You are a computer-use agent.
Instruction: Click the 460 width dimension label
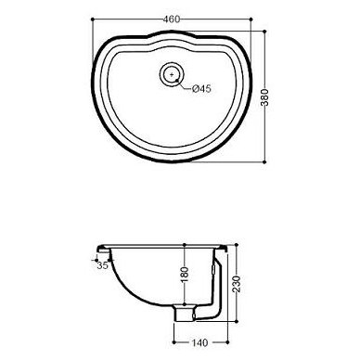[172, 19]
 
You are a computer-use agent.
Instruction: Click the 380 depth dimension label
[264, 97]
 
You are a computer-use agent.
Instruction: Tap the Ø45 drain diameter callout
[201, 89]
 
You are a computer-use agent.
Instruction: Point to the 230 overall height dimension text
[237, 283]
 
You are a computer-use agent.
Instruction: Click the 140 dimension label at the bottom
[199, 342]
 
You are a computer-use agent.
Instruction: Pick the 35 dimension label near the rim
[102, 265]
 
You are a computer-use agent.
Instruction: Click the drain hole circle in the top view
[172, 74]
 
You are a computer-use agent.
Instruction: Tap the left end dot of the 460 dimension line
[92, 19]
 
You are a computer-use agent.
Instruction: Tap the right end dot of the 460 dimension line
[251, 19]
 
